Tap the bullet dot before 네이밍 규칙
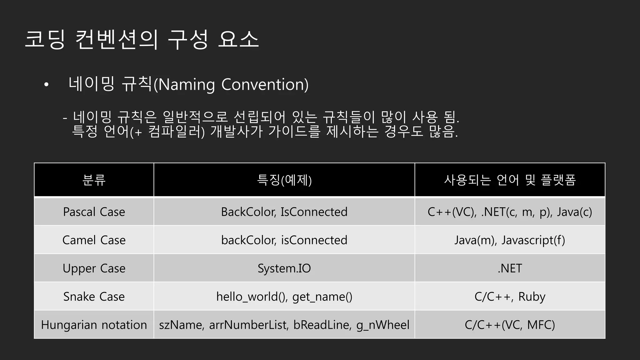[x=46, y=85]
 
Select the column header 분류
[x=94, y=180]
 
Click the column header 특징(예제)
[x=284, y=180]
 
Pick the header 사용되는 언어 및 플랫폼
[x=510, y=180]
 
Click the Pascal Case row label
[x=94, y=212]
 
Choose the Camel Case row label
[x=94, y=240]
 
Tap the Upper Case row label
[x=94, y=268]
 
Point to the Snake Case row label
[x=94, y=297]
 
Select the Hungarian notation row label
[x=94, y=325]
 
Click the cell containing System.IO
[x=284, y=268]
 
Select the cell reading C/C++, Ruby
[x=510, y=297]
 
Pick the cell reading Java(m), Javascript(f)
[x=510, y=240]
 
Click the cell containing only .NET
[x=510, y=268]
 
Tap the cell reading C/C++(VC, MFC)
[x=510, y=325]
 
